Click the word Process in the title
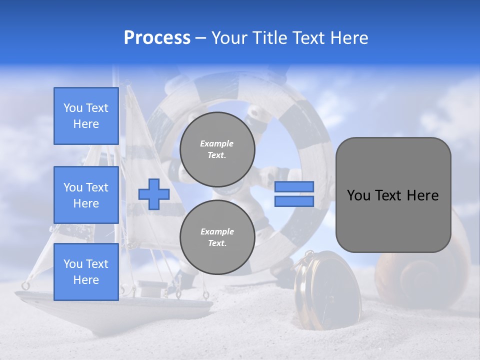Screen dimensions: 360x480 click(x=157, y=38)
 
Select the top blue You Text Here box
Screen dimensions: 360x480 click(x=86, y=116)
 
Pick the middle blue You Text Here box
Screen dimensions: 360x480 click(x=86, y=195)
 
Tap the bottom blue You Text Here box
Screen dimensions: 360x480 click(x=86, y=272)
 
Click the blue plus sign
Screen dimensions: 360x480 click(x=154, y=194)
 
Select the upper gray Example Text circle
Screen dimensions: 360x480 click(x=217, y=149)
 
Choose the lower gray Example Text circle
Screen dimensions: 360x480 click(x=217, y=237)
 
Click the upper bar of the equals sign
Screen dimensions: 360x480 click(x=294, y=186)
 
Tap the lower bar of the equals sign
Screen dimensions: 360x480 click(x=294, y=201)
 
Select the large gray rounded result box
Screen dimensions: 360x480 click(x=393, y=195)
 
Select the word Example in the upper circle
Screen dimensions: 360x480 click(x=216, y=143)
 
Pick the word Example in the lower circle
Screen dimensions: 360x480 click(x=217, y=231)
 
